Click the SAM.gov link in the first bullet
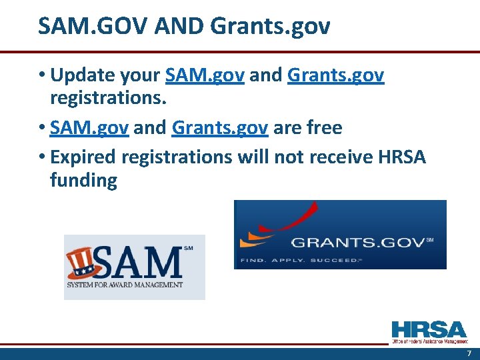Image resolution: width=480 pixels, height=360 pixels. [x=206, y=75]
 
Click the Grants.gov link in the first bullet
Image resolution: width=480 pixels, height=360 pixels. [x=335, y=75]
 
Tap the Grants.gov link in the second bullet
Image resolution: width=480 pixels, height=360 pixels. [x=220, y=127]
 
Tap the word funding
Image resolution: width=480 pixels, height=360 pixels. [x=83, y=180]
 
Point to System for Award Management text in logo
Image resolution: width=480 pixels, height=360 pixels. [x=124, y=285]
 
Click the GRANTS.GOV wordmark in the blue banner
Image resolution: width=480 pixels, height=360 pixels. [x=357, y=242]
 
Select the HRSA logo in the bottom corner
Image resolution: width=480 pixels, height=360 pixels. [x=429, y=331]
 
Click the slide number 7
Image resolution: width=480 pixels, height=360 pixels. [x=469, y=353]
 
